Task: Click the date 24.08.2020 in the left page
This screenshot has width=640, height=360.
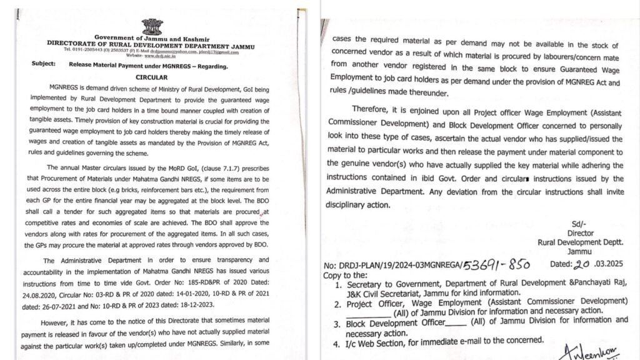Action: point(41,282)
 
